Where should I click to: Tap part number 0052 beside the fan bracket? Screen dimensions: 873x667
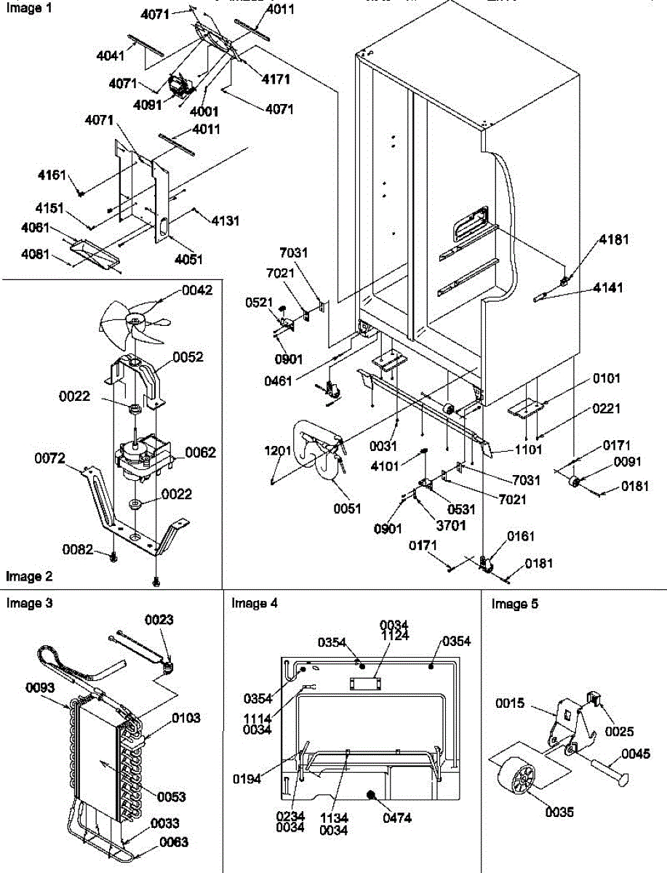(x=188, y=357)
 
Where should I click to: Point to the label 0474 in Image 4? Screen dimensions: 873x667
(x=396, y=818)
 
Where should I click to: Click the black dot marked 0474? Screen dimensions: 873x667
(x=372, y=797)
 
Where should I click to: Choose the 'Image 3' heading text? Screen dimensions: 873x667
(x=29, y=603)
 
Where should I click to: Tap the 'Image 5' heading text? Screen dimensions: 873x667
(x=515, y=604)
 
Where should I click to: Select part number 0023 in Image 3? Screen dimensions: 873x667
(x=160, y=620)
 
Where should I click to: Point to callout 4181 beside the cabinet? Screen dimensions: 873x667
(x=614, y=239)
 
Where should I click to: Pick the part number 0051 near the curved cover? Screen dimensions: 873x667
(x=348, y=509)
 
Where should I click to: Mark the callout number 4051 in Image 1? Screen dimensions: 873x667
(x=188, y=260)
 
